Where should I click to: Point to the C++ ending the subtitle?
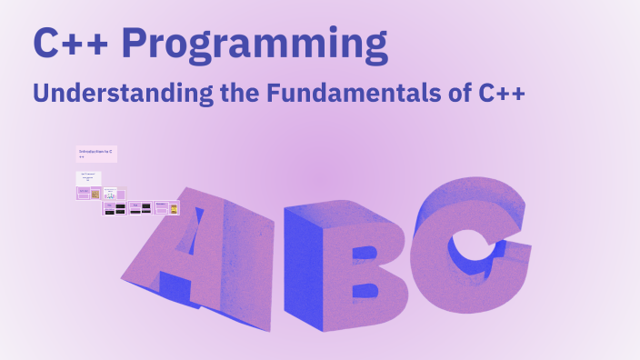[x=501, y=93]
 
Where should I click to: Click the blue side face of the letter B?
[x=302, y=264]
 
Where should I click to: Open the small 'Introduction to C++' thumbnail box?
[x=96, y=153]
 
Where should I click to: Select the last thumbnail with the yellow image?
[x=174, y=208]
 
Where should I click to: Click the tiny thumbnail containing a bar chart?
[x=110, y=194]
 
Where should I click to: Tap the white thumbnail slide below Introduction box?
[x=88, y=177]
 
